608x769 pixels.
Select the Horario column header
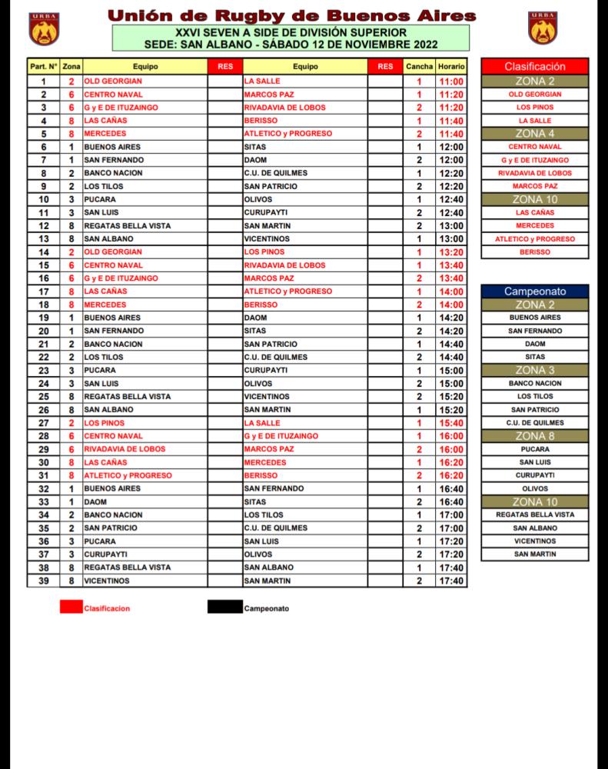coord(451,67)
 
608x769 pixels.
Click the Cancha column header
coord(419,67)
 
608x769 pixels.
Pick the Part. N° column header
coord(43,67)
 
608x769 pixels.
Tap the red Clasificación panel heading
coord(535,67)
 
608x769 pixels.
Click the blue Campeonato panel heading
coord(535,291)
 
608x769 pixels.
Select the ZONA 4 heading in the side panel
coord(535,133)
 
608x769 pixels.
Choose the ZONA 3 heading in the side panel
coord(535,370)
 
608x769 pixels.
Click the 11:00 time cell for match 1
coord(451,81)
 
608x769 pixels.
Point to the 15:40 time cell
coord(451,422)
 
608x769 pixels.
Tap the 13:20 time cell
coord(451,251)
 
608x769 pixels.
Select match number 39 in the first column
coord(43,580)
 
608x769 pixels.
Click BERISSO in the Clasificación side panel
coord(535,252)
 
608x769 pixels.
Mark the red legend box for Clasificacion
coord(71,608)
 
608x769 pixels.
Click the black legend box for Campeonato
coord(224,608)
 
